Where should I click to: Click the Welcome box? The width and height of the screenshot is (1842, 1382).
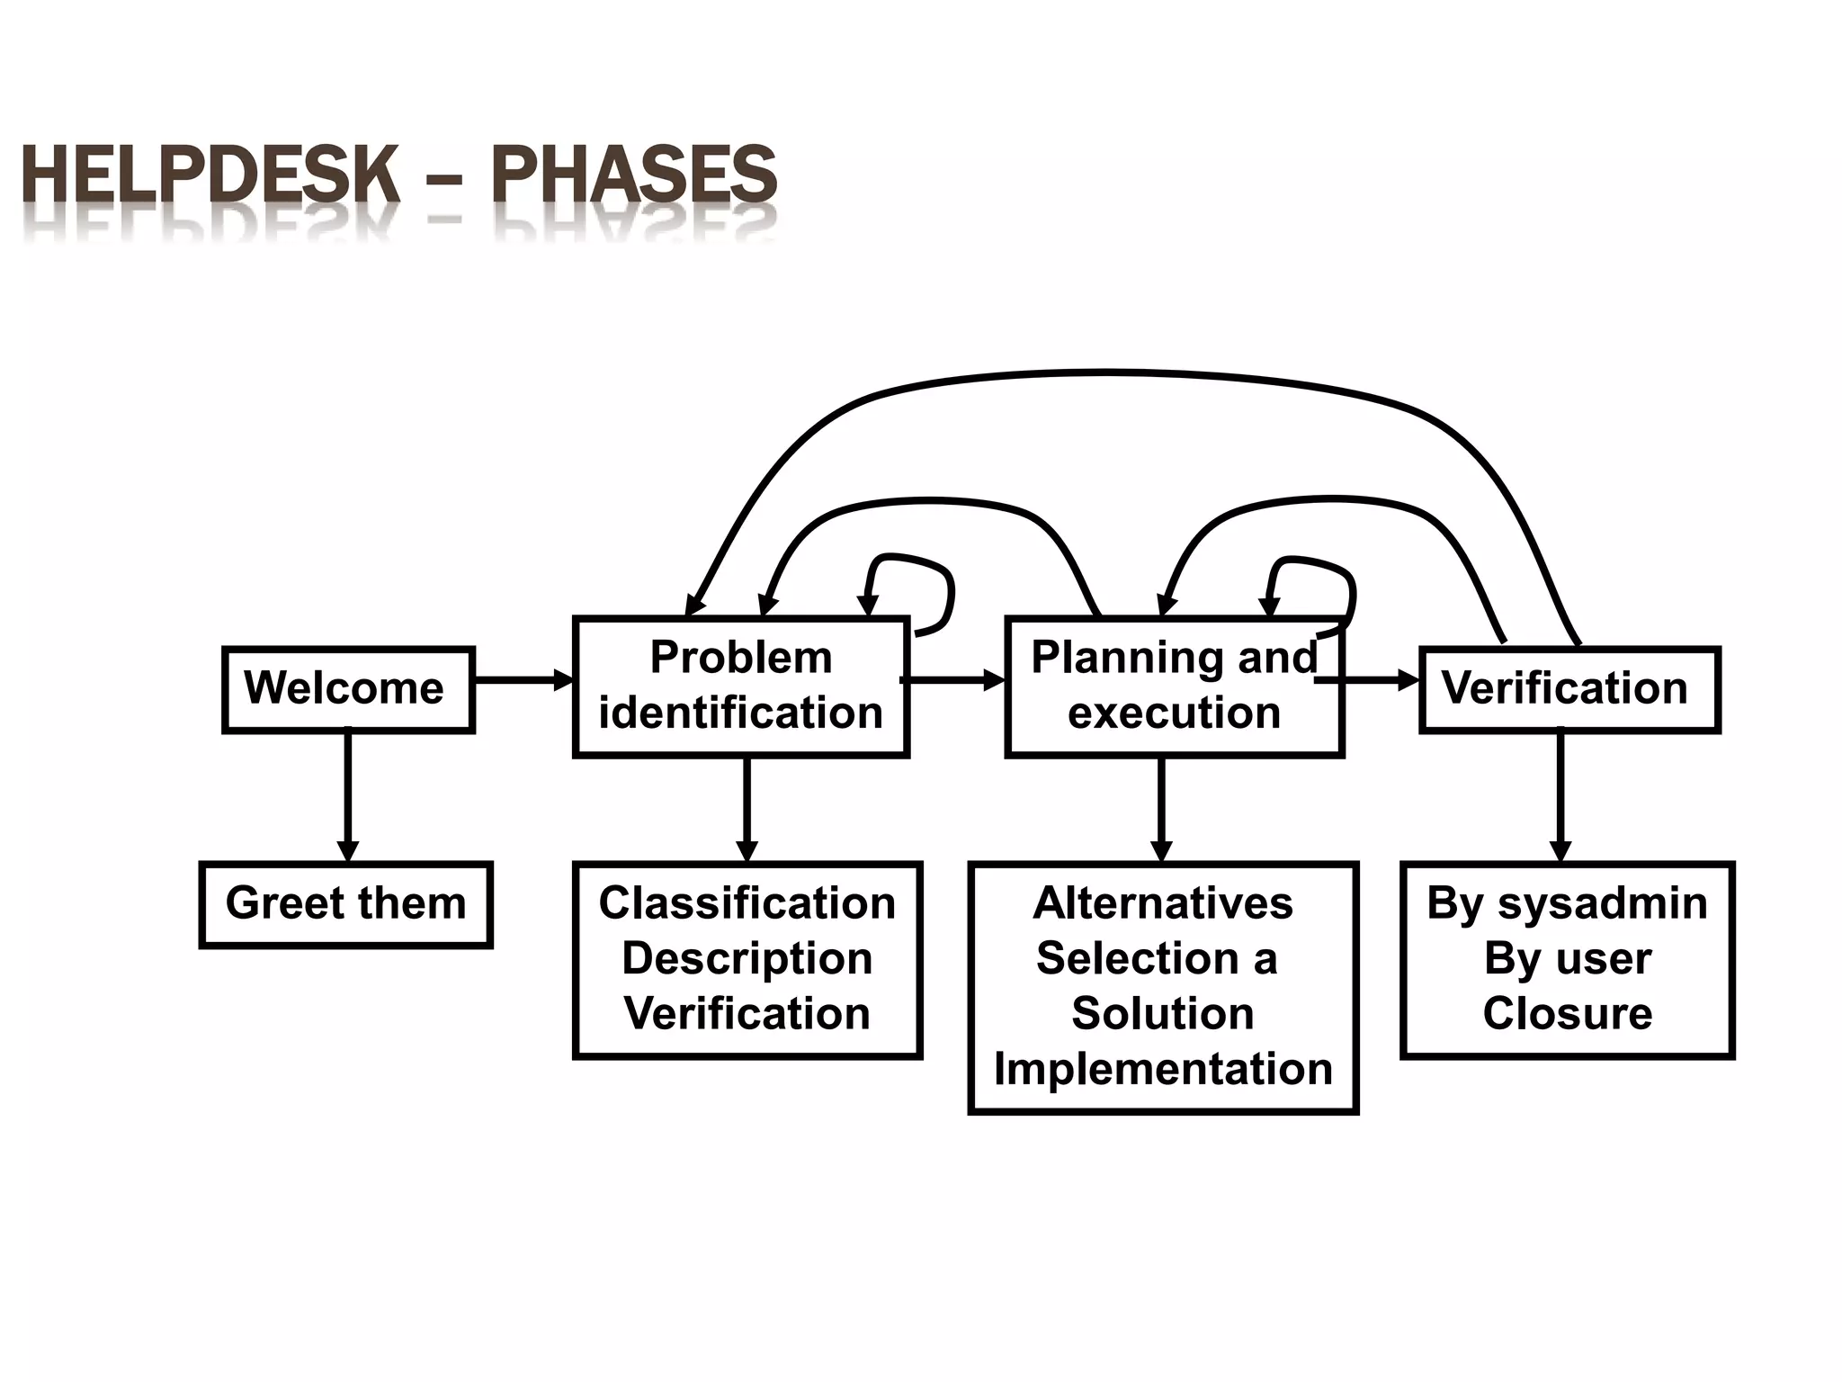pyautogui.click(x=347, y=689)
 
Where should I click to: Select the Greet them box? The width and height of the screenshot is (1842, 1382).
pyautogui.click(x=345, y=904)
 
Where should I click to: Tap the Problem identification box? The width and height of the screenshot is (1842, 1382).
pyautogui.click(x=740, y=687)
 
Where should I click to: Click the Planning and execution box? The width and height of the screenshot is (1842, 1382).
pyautogui.click(x=1174, y=687)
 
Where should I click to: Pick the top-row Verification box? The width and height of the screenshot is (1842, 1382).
pyautogui.click(x=1569, y=689)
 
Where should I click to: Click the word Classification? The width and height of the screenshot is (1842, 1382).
pyautogui.click(x=747, y=903)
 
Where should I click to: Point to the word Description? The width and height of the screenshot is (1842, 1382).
pyautogui.click(x=747, y=959)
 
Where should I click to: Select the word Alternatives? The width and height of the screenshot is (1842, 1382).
pyautogui.click(x=1163, y=903)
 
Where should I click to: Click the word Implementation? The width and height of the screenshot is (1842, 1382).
pyautogui.click(x=1163, y=1070)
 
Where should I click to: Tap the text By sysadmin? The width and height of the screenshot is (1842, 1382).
pyautogui.click(x=1567, y=903)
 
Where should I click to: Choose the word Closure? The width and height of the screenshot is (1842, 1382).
pyautogui.click(x=1567, y=1014)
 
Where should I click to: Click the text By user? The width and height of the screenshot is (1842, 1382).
pyautogui.click(x=1567, y=959)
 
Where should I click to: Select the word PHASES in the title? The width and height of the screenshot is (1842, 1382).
pyautogui.click(x=633, y=175)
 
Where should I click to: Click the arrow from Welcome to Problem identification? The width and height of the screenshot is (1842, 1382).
pyautogui.click(x=523, y=680)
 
